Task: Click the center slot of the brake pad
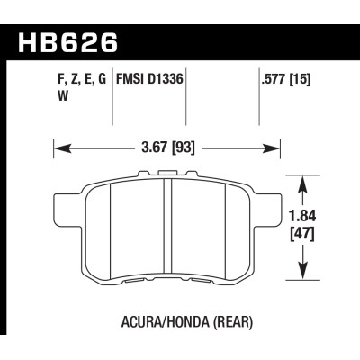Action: [168, 229]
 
